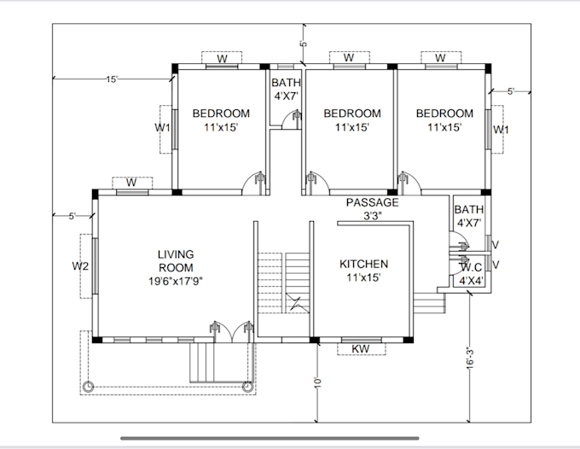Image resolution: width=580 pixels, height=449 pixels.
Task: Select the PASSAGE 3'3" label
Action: point(372,209)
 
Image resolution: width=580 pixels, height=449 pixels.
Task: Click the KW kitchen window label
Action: point(360,348)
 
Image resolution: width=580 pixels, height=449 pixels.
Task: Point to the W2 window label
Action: point(80,266)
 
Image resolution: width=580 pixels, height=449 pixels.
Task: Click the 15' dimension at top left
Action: point(112,79)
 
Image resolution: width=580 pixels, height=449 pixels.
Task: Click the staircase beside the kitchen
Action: point(283,282)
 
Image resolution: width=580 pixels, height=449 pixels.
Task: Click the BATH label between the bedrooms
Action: point(285,90)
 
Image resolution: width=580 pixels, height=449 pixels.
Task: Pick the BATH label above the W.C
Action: point(468,216)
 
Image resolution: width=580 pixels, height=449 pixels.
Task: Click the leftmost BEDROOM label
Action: point(220,120)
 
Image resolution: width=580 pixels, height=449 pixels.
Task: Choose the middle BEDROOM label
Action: point(351,120)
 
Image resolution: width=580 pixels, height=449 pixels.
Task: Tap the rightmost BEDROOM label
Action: point(444,120)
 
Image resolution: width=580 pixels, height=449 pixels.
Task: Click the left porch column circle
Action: point(88,387)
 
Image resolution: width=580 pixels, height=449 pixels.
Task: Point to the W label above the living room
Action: point(131,183)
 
